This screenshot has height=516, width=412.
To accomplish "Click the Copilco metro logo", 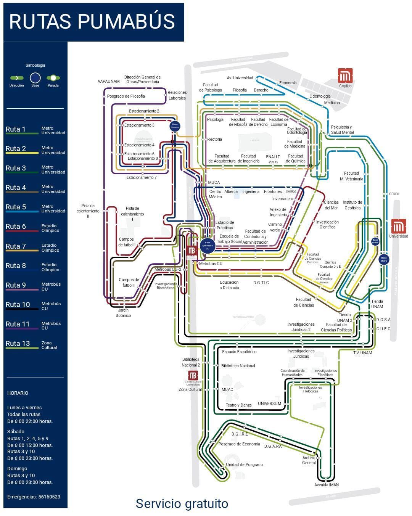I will pos(345,76).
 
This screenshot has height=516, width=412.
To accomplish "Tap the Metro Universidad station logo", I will pos(398,226).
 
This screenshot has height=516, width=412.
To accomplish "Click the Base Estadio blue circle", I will pos(175,126).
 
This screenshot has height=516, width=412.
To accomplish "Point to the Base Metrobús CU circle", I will pos(208,246).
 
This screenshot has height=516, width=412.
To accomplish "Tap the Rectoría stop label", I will pos(214,140).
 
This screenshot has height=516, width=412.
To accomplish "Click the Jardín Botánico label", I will pos(123,313).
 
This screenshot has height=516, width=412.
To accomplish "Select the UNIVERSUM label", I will pos(269,403).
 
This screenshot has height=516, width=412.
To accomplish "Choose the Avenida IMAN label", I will pos(327,485).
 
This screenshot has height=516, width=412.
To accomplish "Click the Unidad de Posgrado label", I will pos(244,465).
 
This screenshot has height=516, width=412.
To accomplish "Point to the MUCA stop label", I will pos(214,182).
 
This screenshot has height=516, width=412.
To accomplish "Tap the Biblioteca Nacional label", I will pos(238,366).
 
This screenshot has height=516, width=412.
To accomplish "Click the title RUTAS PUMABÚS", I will pos(92,21).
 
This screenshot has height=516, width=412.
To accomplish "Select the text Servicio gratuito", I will pos(182,503).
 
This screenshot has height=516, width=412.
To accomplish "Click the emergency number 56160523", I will pos(49,497).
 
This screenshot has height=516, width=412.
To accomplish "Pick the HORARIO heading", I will pos(18,393).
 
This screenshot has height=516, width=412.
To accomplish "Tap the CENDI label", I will pos(394,194).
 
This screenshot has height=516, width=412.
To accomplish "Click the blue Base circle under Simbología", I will pos(35,78).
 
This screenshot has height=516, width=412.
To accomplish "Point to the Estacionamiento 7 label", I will pos(142,177).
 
